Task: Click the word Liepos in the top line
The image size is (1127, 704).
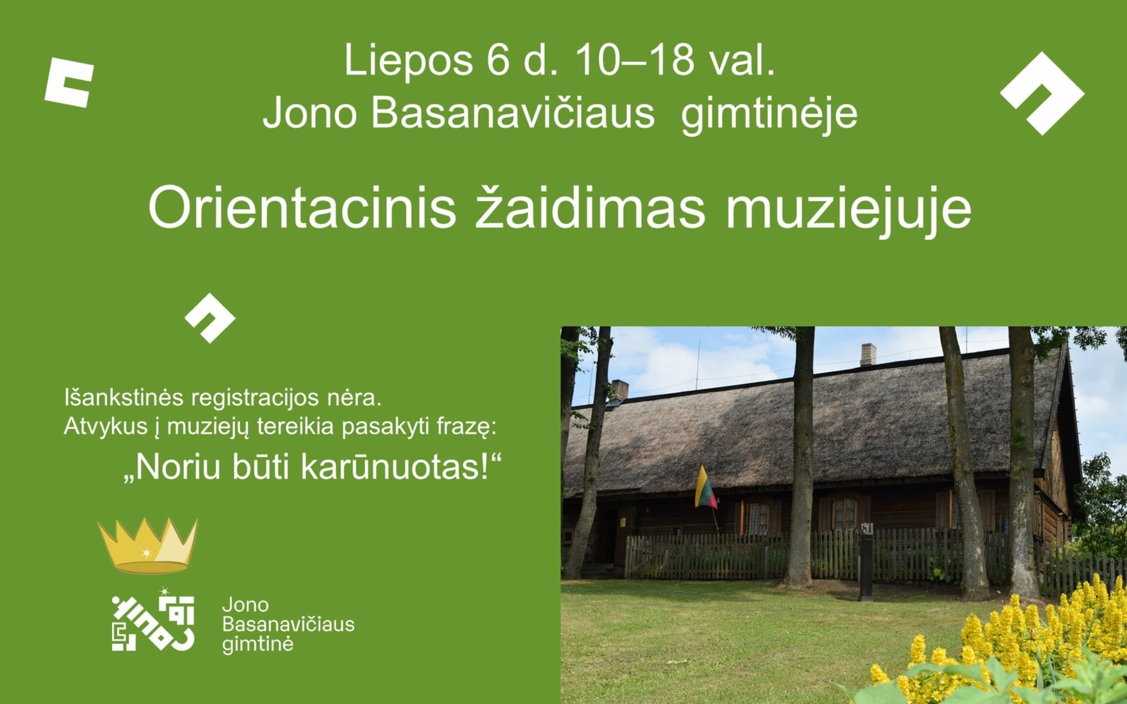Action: point(409,60)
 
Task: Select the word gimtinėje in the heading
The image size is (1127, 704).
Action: point(769,113)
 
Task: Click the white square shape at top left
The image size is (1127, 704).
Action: point(69,82)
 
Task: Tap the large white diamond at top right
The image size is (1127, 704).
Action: point(1042,93)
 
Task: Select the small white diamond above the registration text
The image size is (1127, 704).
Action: point(210,318)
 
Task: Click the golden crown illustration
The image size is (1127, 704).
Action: point(148,545)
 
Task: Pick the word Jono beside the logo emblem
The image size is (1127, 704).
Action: point(245,604)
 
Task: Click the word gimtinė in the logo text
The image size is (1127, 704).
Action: point(258,644)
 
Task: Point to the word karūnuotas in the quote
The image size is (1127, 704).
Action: point(398,467)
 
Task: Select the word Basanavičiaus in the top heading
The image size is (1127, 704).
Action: point(512,113)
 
